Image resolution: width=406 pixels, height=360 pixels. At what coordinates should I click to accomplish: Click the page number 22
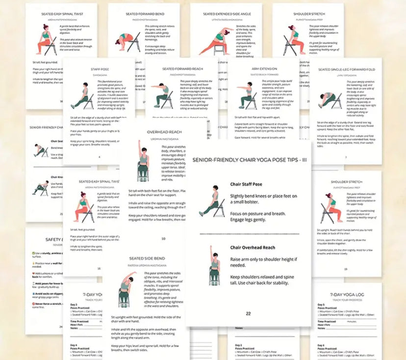point(248,313)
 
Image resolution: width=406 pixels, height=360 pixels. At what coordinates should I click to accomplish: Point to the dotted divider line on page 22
point(249,234)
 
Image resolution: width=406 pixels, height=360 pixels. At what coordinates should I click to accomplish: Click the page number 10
point(163,239)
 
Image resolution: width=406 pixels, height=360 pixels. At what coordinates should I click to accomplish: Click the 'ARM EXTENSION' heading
point(263,70)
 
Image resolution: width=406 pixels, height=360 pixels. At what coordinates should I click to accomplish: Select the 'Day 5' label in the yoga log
point(321,305)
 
